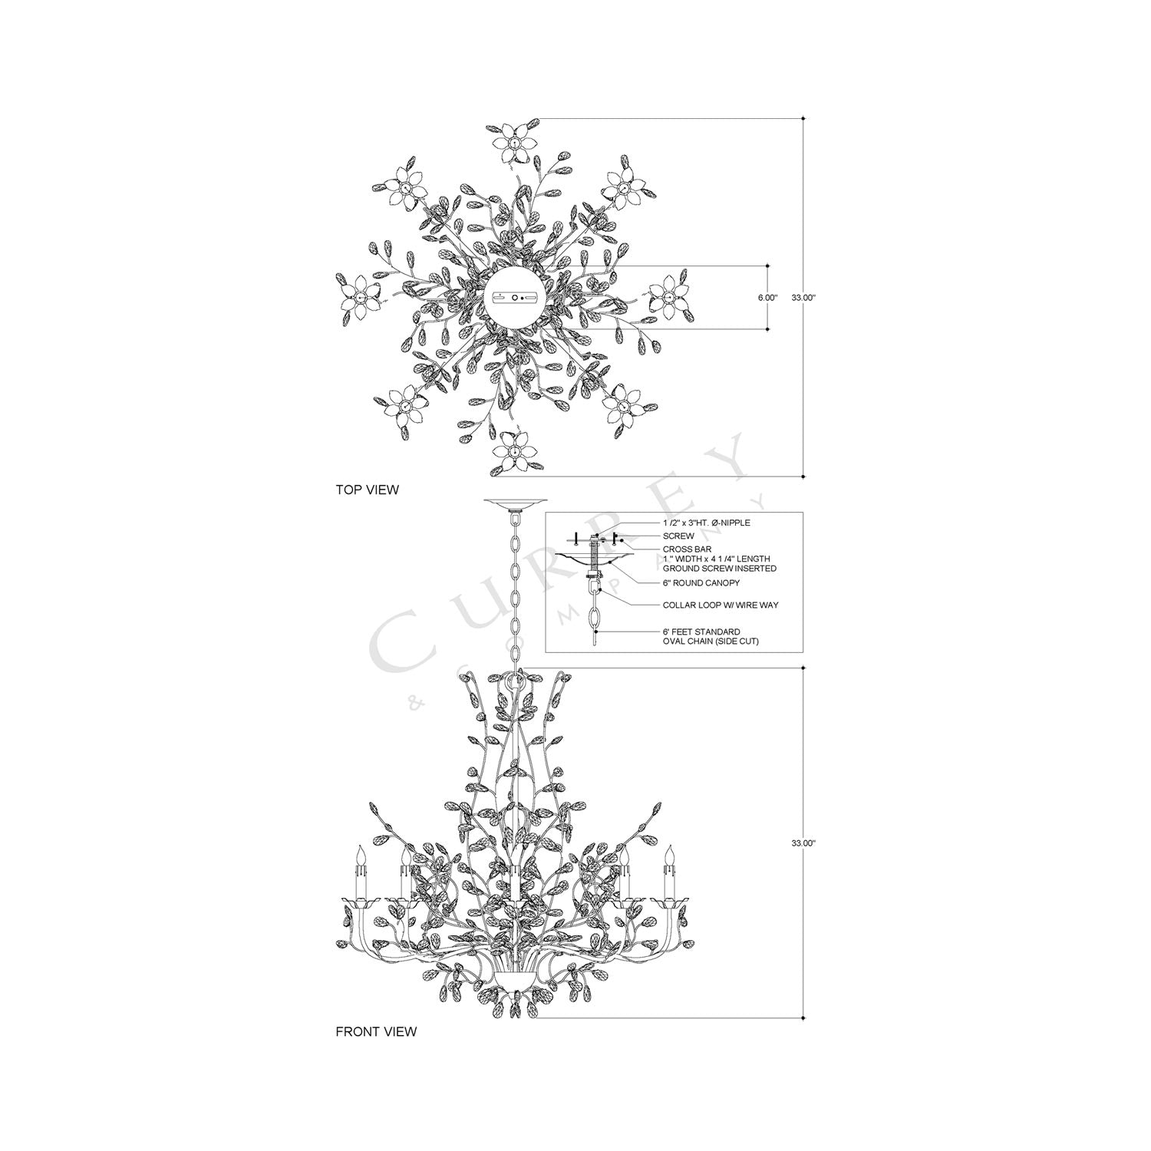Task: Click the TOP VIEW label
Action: point(367,490)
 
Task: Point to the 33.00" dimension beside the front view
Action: point(803,843)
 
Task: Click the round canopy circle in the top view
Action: point(515,297)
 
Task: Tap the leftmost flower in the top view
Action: point(358,297)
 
